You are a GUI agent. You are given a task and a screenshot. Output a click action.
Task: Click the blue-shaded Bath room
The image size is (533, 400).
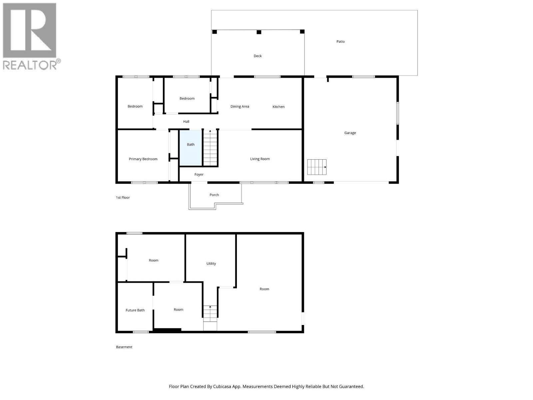click(x=191, y=148)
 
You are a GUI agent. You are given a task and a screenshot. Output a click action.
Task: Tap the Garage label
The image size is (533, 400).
click(x=350, y=133)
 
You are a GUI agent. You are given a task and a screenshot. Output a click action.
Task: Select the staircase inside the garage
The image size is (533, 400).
click(x=316, y=167)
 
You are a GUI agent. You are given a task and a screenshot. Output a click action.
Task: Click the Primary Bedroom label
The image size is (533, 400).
click(x=143, y=159)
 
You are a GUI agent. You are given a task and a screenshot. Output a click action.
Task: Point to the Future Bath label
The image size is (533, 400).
click(x=135, y=310)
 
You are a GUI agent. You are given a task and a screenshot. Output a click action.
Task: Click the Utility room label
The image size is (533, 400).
click(x=211, y=264)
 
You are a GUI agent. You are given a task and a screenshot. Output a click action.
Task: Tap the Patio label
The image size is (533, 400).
click(x=340, y=42)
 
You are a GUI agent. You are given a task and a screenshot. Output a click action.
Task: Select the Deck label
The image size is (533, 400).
click(x=258, y=56)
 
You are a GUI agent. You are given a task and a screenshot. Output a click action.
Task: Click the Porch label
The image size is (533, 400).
click(x=214, y=195)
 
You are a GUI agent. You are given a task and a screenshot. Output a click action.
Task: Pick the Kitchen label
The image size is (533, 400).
click(x=278, y=107)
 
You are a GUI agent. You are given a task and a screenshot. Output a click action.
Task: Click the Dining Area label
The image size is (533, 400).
click(x=240, y=107)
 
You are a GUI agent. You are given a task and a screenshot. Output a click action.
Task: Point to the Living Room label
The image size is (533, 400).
click(x=260, y=159)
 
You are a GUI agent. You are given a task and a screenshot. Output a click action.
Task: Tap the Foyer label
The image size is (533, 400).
click(x=199, y=175)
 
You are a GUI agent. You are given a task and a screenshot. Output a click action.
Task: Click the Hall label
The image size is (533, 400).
click(x=186, y=122)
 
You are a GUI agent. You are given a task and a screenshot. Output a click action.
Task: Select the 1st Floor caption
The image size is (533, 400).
click(x=123, y=198)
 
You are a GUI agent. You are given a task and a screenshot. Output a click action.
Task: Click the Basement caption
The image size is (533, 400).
click(x=124, y=347)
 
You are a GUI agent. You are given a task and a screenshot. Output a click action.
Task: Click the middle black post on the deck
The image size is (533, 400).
click(x=259, y=32)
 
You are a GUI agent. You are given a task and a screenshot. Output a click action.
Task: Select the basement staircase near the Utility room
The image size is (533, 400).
click(x=210, y=314)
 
